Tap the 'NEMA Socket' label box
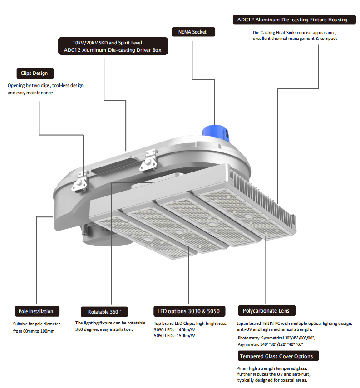point(192,32)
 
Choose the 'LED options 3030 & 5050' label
point(188,311)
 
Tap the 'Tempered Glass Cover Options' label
point(279,356)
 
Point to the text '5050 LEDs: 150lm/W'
point(174,336)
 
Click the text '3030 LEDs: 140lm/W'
point(174,329)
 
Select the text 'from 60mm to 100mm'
point(34,331)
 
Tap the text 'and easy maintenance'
point(30,93)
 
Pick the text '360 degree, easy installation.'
point(104,329)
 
